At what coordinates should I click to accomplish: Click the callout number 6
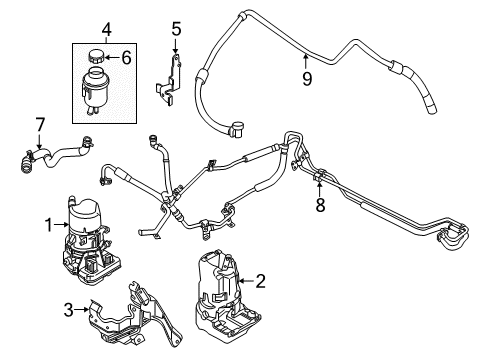click(x=127, y=58)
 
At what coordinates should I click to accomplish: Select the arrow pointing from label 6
click(x=114, y=58)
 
